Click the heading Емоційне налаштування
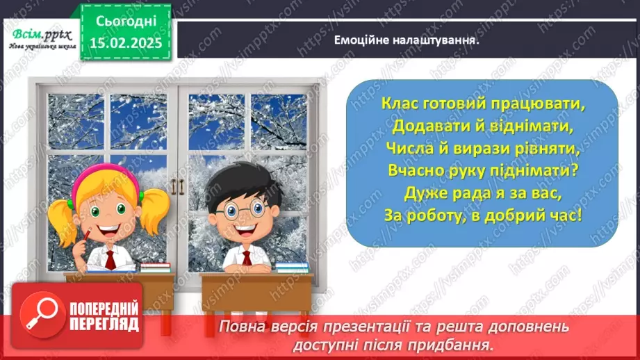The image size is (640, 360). [407, 40]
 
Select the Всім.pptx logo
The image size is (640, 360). [39, 38]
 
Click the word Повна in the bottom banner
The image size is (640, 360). [240, 327]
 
